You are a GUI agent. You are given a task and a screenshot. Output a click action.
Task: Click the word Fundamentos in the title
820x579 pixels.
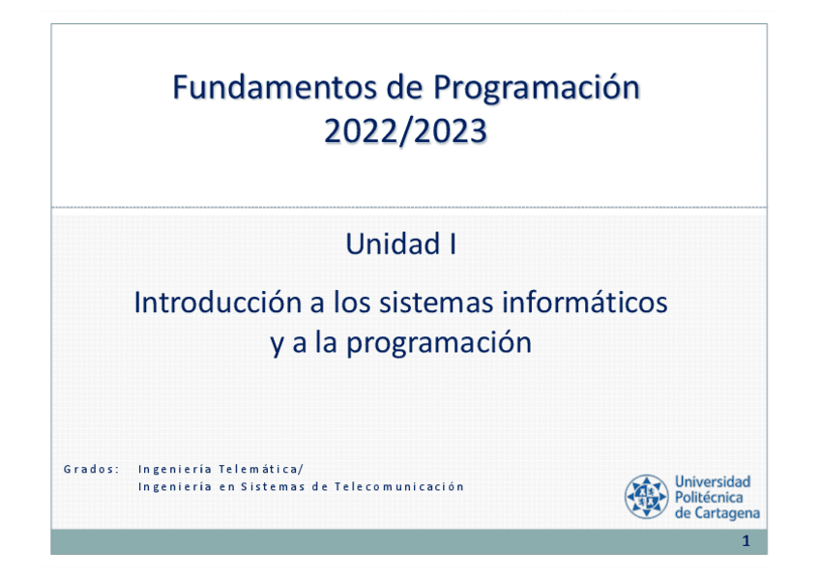[274, 87]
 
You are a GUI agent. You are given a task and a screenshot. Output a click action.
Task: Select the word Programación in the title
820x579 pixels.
[537, 89]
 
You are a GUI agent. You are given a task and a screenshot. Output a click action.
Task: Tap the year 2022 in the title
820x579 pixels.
[361, 131]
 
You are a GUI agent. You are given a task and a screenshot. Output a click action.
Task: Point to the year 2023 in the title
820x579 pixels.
[452, 131]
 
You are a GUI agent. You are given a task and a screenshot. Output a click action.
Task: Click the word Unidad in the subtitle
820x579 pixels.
[393, 244]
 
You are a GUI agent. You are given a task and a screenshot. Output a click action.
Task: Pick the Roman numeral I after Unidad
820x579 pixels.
[453, 244]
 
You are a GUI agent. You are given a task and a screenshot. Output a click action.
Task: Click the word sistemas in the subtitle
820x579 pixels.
[436, 304]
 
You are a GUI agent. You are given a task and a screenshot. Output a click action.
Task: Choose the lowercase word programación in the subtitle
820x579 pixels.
[439, 344]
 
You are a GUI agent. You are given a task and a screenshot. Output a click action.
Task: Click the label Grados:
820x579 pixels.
[92, 469]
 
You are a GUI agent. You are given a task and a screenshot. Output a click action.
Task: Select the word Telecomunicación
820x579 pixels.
[399, 486]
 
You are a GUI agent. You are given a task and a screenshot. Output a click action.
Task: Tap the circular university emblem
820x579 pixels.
[646, 497]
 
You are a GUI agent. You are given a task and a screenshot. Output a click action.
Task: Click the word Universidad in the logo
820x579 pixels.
[713, 481]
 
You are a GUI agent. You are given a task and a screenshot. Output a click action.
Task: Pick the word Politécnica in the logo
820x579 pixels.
[709, 497]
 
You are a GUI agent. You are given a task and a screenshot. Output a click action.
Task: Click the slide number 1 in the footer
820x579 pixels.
[747, 541]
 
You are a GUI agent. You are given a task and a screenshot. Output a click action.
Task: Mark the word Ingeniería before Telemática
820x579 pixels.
[175, 469]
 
